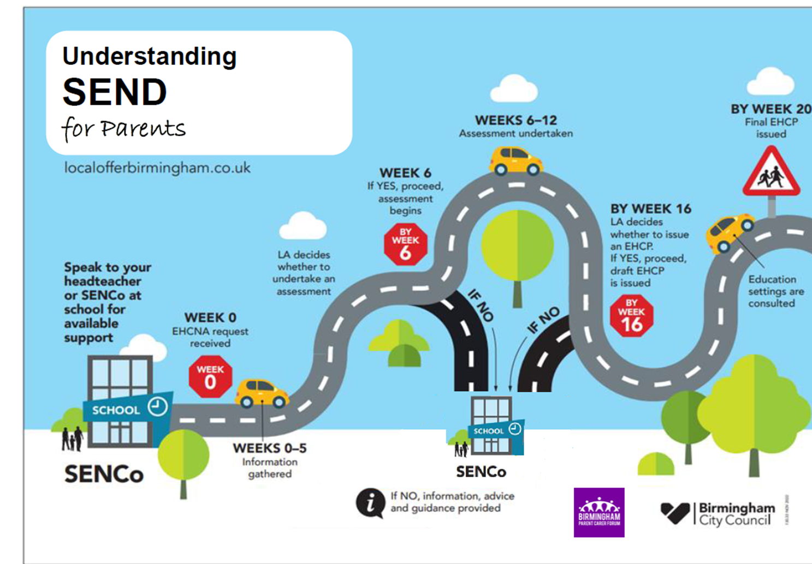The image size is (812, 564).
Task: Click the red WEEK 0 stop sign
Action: (x=210, y=377)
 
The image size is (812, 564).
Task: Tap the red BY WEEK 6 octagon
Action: (x=405, y=244)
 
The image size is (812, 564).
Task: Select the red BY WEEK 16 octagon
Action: (x=631, y=316)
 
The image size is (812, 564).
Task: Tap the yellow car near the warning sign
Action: (x=730, y=232)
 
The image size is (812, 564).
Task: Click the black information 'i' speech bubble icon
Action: (x=370, y=502)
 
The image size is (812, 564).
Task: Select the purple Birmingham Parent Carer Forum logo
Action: (x=599, y=512)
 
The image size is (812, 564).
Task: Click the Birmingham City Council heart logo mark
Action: (x=675, y=513)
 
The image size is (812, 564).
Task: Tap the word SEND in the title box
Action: (x=115, y=92)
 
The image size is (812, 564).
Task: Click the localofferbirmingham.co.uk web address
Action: (x=157, y=167)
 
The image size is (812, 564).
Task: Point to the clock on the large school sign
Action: (x=157, y=406)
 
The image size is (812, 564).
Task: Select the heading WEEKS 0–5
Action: (x=269, y=448)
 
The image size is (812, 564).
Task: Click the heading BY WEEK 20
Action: (x=770, y=109)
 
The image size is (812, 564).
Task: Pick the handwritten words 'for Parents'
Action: (x=124, y=129)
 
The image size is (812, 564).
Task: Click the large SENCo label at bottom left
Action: (x=104, y=474)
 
